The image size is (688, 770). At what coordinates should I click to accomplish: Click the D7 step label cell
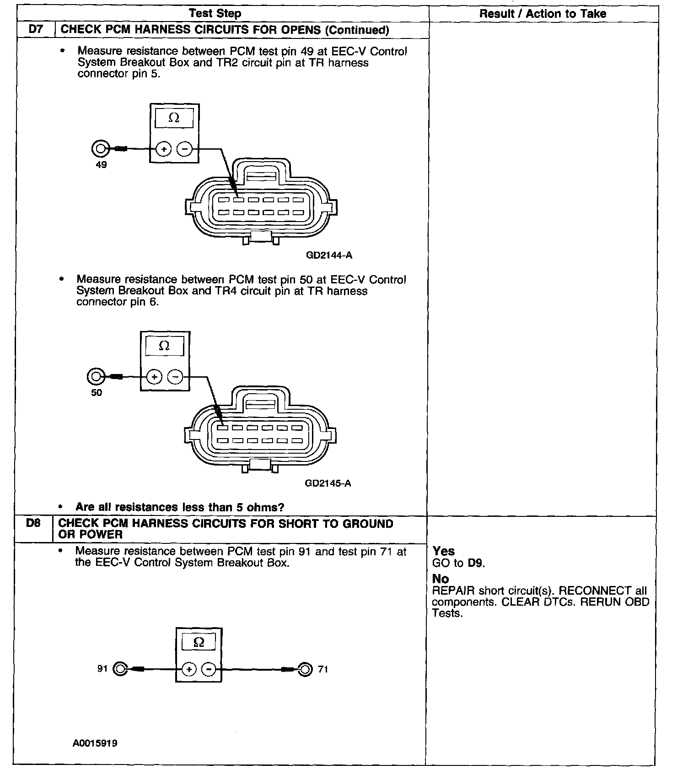click(x=35, y=30)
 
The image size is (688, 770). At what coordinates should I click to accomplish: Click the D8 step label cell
click(x=33, y=523)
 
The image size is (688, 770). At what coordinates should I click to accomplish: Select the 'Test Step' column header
click(x=215, y=13)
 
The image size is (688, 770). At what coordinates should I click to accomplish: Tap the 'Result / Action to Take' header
click(x=543, y=14)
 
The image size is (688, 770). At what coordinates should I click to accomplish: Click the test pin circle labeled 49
click(x=100, y=149)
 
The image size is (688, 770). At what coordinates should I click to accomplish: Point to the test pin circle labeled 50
click(x=95, y=377)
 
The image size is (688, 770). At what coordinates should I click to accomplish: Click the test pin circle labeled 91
click(x=120, y=669)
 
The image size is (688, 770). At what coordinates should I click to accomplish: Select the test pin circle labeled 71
click(x=305, y=670)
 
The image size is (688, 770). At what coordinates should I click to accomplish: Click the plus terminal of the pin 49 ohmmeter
click(x=163, y=149)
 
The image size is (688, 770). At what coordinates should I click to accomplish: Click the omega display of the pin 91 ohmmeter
click(x=199, y=642)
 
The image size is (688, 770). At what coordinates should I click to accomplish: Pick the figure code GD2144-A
click(x=329, y=255)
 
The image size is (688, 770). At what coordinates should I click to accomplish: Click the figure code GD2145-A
click(x=328, y=483)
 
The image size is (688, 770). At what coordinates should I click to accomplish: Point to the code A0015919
click(x=95, y=743)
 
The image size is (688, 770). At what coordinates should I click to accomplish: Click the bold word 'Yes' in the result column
click(x=443, y=551)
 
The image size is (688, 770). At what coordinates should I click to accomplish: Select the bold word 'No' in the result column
click(x=440, y=579)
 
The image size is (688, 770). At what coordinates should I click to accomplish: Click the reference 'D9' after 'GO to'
click(x=476, y=563)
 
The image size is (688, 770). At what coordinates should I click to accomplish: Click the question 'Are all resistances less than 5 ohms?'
click(x=180, y=507)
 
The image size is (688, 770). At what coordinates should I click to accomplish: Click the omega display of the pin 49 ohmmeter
click(x=174, y=118)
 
